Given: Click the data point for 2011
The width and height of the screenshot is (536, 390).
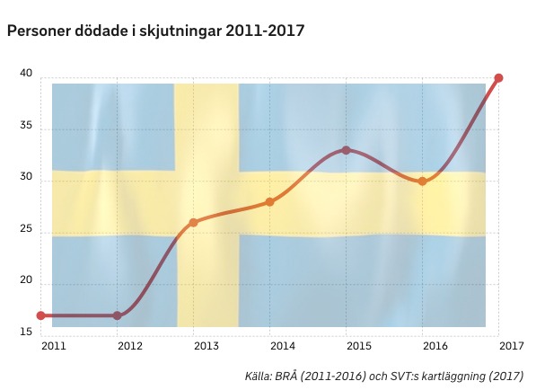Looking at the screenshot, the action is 40,315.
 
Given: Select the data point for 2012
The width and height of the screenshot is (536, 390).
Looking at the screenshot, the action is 117,315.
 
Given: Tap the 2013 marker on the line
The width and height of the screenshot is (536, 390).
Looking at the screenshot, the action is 193,223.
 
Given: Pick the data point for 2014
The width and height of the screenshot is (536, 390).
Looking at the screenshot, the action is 269,202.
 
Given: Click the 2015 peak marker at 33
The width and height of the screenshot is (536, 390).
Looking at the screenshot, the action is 347,150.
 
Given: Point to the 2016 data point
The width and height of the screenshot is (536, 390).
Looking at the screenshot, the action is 423,182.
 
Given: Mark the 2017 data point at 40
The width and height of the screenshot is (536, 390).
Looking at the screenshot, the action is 498,78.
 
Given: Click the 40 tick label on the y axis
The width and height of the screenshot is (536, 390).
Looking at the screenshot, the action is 26,73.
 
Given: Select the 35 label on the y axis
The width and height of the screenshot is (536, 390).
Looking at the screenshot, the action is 26,125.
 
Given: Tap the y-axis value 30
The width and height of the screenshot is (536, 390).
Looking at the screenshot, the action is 26,177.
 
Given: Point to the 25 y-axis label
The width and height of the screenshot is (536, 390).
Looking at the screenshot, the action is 26,228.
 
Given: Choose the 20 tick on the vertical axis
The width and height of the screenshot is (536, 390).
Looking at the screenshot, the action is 26,280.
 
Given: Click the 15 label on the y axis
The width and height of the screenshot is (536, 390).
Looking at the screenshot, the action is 26,332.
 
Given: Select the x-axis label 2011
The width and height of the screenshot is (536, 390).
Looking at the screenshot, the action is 54,346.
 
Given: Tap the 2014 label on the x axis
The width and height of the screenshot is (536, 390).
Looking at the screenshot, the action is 283,346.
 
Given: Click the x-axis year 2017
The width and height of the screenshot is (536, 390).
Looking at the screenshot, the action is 512,346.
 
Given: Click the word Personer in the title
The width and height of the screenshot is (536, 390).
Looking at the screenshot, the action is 39,31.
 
